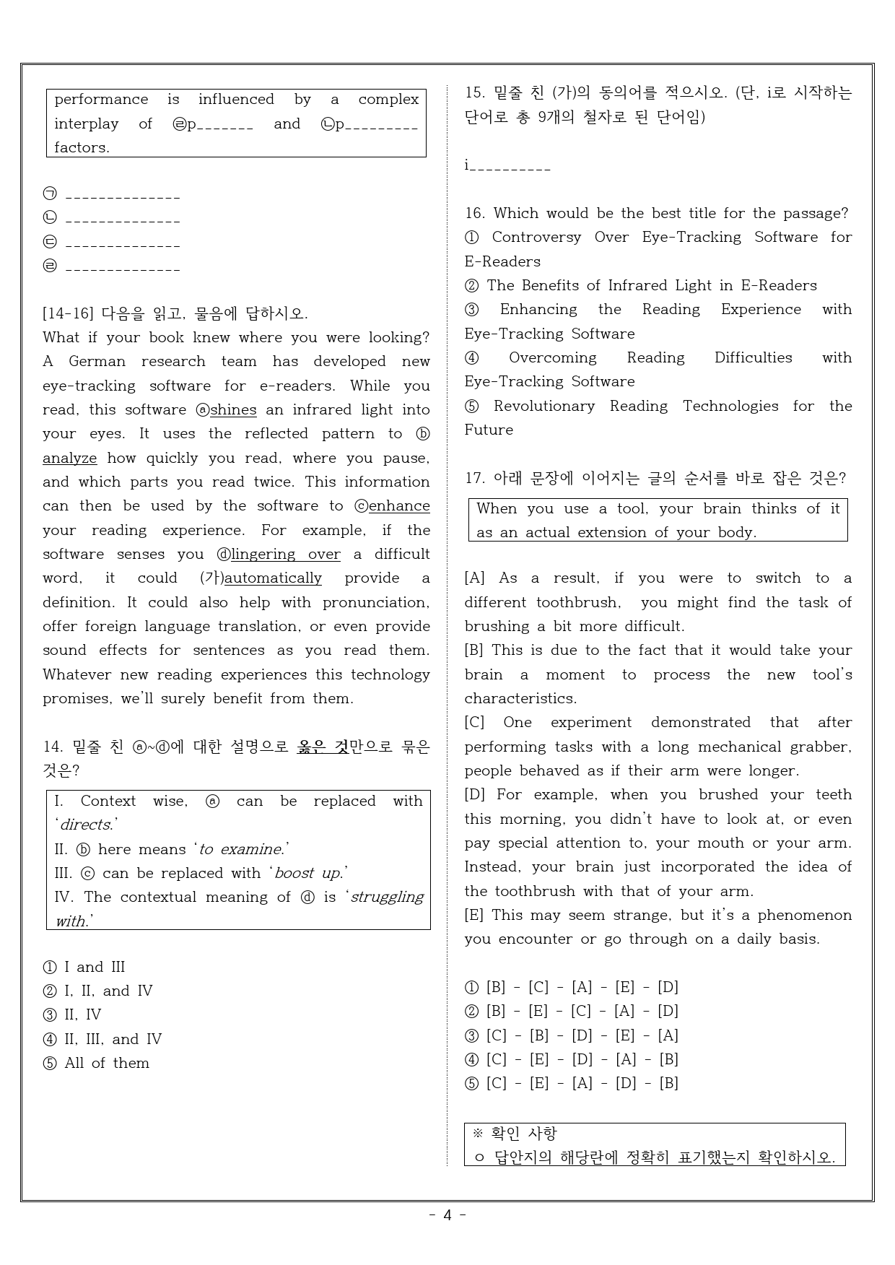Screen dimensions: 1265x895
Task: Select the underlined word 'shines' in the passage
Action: [x=233, y=410]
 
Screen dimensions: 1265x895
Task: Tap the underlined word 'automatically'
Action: [x=273, y=578]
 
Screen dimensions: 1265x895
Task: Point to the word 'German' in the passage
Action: [x=97, y=362]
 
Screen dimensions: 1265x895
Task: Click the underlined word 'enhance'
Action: [x=399, y=506]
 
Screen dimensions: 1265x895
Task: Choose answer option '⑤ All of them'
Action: [x=97, y=1064]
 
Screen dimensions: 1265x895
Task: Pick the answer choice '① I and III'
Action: [x=84, y=968]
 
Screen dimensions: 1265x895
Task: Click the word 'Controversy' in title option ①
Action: [x=536, y=238]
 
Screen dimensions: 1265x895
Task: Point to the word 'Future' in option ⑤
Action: [x=489, y=430]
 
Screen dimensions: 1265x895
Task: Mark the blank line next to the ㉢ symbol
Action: [x=122, y=244]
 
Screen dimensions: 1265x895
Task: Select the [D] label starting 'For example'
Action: [x=475, y=795]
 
